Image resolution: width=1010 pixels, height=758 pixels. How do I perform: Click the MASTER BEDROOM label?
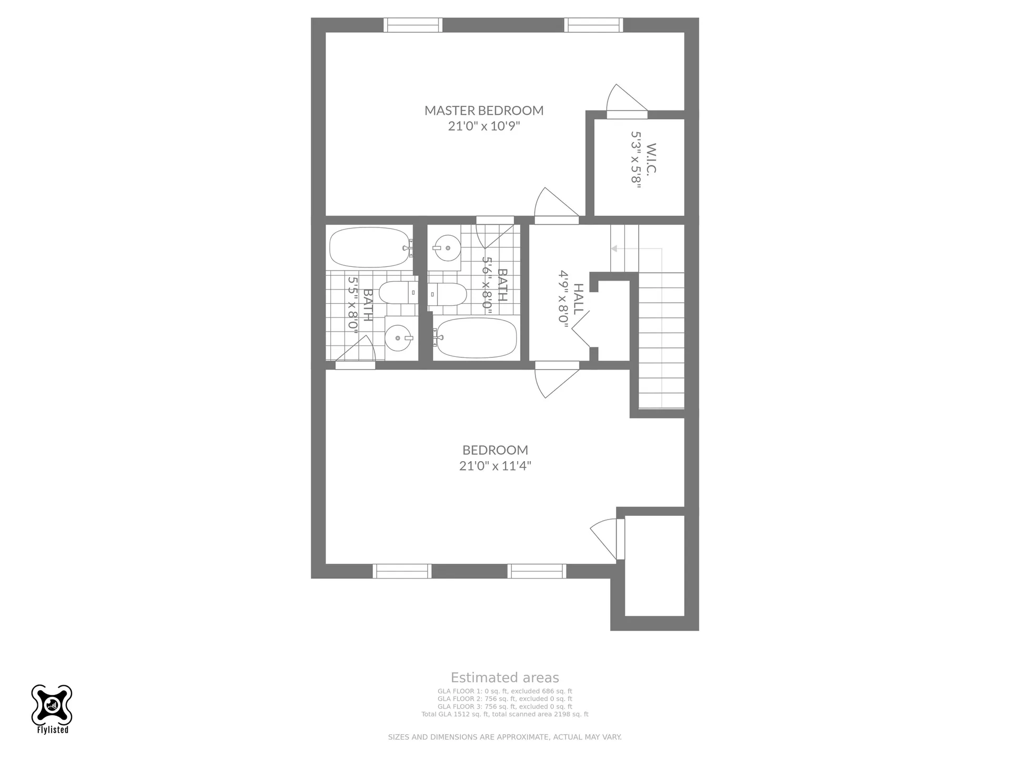(484, 111)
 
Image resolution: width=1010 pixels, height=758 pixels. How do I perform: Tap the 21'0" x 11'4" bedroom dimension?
(495, 466)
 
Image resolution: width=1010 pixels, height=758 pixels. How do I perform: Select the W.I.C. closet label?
(652, 158)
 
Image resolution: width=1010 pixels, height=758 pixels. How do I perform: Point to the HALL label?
(578, 299)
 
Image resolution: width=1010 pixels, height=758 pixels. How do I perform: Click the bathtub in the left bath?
(370, 247)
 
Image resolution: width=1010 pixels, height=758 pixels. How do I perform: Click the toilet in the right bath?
(447, 295)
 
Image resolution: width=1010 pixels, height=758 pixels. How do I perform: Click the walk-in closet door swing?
(626, 100)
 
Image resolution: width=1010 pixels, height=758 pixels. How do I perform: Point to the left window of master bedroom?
(413, 25)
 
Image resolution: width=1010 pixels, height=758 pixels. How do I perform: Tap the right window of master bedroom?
(594, 25)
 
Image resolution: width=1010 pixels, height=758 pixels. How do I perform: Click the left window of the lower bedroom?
(402, 571)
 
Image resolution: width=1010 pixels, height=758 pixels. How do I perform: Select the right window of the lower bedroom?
(537, 571)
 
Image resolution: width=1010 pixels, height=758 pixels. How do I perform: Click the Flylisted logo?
(52, 709)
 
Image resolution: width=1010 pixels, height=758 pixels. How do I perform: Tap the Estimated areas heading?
(505, 677)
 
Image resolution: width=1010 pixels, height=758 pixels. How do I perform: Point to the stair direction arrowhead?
(614, 248)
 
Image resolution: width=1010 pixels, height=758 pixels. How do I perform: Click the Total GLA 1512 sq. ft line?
(505, 714)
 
